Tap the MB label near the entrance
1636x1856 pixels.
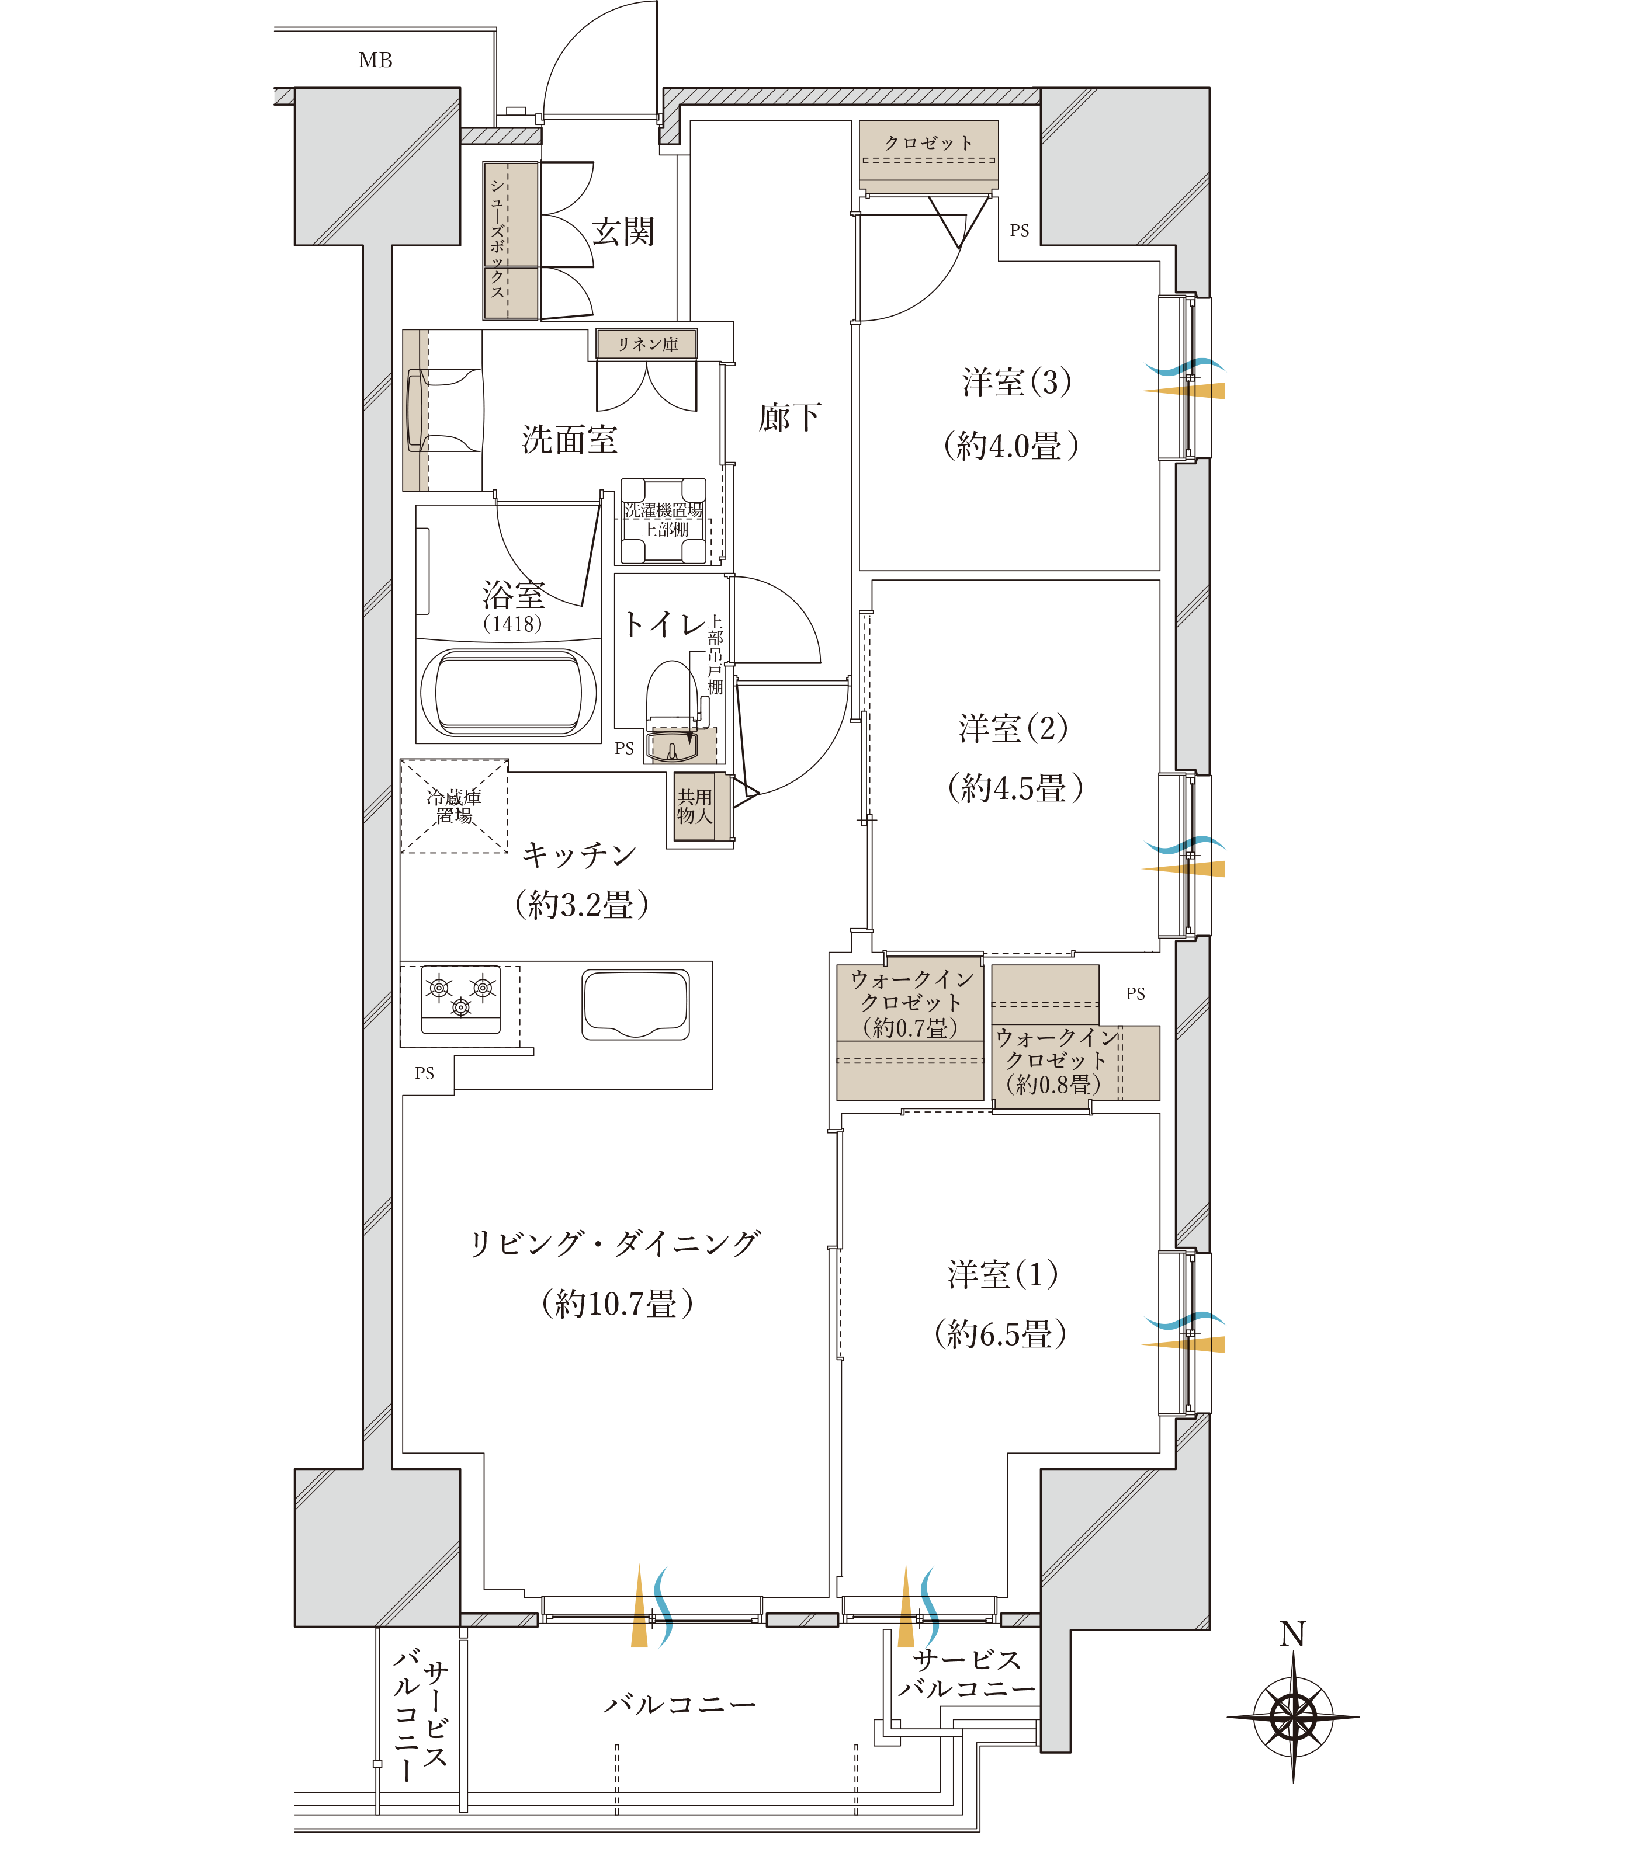(x=375, y=61)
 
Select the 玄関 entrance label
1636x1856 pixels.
(x=623, y=231)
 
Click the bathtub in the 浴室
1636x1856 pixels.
(x=508, y=692)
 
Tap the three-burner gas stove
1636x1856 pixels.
(x=460, y=999)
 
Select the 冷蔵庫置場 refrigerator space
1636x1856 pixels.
(x=454, y=807)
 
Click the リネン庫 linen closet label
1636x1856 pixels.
(x=647, y=344)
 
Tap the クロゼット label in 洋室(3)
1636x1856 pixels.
(x=928, y=142)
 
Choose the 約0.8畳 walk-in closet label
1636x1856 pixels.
(x=1053, y=1084)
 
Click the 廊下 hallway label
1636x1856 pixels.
(x=789, y=418)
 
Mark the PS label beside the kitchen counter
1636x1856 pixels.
(x=424, y=1073)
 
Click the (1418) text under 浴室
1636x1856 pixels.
(x=512, y=624)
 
